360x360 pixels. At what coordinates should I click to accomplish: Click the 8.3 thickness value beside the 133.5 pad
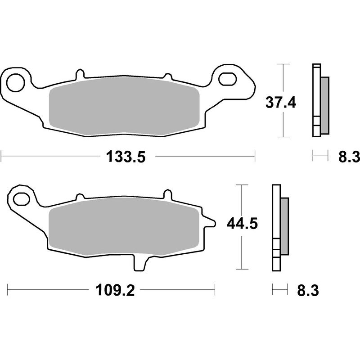pos(348,157)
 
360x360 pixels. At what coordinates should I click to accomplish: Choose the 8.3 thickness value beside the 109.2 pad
pos(308,291)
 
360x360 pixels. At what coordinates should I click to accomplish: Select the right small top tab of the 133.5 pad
pos(167,77)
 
